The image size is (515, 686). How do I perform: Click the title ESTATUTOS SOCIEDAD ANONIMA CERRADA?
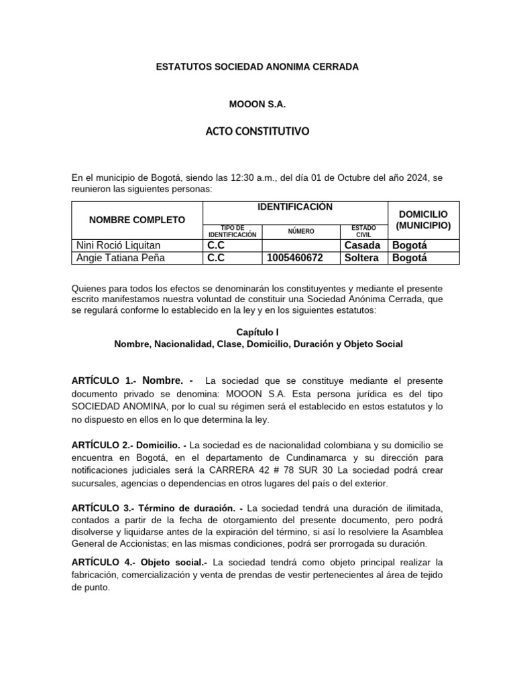click(257, 67)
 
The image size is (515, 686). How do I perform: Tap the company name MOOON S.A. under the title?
click(257, 105)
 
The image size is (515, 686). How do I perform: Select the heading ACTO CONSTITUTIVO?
click(257, 132)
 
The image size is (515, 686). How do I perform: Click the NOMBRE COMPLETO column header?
click(137, 220)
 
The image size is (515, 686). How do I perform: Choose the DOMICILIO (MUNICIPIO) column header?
click(423, 219)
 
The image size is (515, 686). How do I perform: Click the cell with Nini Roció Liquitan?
click(119, 245)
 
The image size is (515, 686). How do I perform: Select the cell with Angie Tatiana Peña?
click(121, 257)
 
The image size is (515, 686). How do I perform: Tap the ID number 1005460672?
click(295, 257)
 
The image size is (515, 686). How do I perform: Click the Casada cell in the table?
click(361, 245)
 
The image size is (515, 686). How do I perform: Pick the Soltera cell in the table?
click(361, 257)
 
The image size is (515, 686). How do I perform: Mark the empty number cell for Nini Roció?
click(301, 245)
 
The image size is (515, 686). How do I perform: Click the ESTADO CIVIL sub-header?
click(363, 232)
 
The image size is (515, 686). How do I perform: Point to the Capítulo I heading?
click(257, 332)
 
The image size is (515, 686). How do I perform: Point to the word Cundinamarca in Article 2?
click(296, 458)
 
